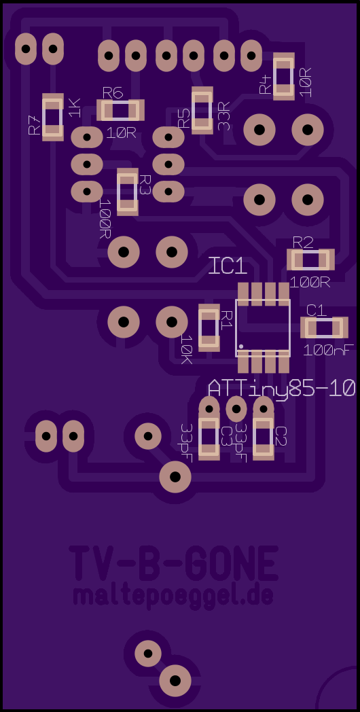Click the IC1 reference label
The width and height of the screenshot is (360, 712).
[228, 265]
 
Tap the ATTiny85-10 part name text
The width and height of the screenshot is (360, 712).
[281, 389]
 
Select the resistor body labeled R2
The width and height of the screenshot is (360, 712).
[311, 261]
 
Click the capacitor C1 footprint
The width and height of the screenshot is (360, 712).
[324, 328]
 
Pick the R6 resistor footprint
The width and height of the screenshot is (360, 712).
[120, 110]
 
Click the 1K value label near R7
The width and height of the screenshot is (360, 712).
[74, 107]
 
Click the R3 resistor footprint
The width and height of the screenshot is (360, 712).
[128, 192]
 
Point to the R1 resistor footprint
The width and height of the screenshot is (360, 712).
[209, 328]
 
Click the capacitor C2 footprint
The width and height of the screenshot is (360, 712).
[264, 438]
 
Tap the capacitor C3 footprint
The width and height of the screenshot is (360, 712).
[209, 438]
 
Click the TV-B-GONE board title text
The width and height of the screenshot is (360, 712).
[173, 563]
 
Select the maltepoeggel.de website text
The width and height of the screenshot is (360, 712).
[173, 597]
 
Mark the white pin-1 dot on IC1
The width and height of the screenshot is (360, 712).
[241, 346]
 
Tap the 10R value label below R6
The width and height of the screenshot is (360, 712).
[122, 133]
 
